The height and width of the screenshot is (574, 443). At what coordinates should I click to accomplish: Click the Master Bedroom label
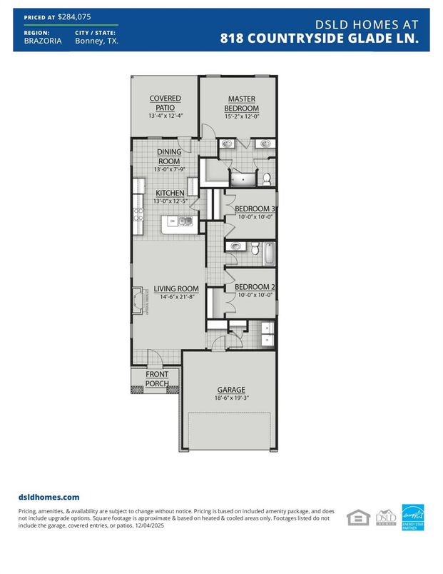242,104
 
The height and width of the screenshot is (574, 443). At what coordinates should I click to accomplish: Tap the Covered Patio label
165,103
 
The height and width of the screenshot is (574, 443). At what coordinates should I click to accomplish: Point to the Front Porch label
157,379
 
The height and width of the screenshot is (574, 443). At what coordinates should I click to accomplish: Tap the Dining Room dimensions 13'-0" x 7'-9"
170,169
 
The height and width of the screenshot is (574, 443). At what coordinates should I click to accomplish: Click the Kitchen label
170,193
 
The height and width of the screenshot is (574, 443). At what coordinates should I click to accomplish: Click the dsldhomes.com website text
49,497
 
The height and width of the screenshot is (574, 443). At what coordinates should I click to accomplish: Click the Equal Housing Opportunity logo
358,517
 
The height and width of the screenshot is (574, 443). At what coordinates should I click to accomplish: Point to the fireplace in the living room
138,300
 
